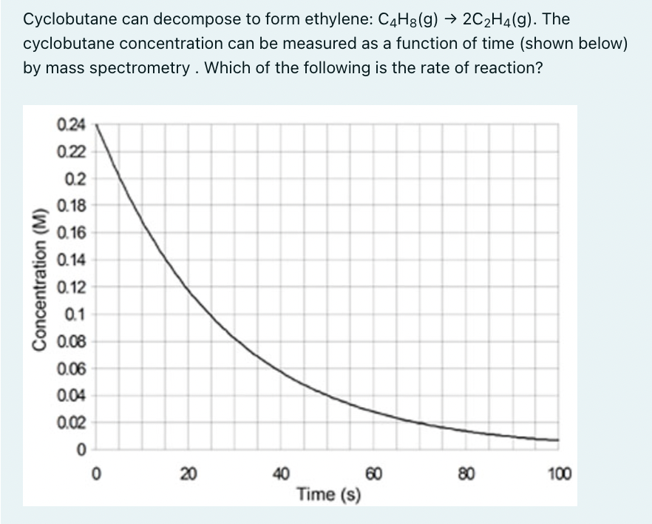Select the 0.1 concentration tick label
click(75, 315)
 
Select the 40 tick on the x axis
click(280, 473)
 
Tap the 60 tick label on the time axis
click(373, 473)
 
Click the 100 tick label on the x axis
click(558, 473)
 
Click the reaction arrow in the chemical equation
click(447, 19)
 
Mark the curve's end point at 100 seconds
click(558, 440)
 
